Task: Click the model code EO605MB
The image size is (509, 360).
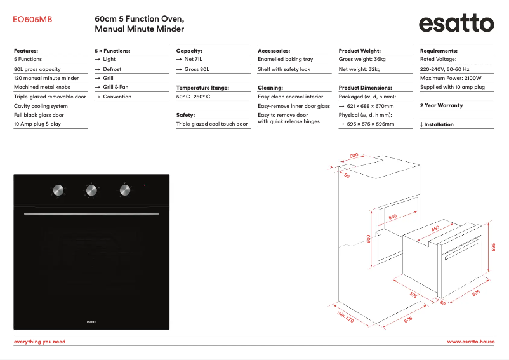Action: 32,20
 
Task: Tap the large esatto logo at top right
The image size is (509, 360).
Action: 456,24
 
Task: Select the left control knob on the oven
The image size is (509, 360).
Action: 58,190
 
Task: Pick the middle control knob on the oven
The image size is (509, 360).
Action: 91,190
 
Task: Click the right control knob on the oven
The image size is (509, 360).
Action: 124,190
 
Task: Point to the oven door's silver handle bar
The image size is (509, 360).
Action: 91,215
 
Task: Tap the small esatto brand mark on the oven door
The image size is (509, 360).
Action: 91,322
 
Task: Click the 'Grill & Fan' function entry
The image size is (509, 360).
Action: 116,87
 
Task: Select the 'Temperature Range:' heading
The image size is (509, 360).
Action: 202,88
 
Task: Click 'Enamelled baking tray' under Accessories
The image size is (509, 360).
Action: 285,59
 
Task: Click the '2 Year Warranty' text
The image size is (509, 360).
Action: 442,105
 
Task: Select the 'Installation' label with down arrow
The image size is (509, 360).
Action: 437,124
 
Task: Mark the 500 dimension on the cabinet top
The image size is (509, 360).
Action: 354,155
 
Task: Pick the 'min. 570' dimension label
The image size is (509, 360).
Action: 345,317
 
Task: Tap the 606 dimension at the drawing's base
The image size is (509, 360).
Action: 407,319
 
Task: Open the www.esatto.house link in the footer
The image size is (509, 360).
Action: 470,342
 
